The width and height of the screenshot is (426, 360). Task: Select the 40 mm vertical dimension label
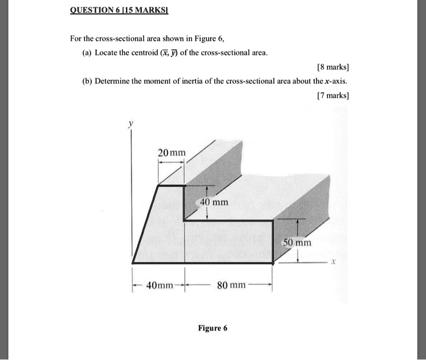[214, 202]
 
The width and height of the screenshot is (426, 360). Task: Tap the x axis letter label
[333, 263]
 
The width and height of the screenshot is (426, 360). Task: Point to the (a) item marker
[88, 53]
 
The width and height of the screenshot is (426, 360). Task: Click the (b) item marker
[88, 81]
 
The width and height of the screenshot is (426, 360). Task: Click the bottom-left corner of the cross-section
[133, 263]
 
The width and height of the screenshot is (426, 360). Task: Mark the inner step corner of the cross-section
[184, 221]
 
